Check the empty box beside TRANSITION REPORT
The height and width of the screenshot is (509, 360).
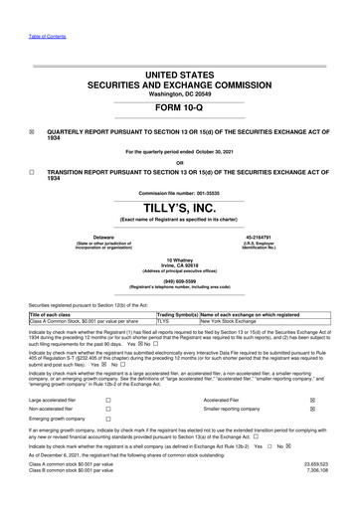click(x=32, y=171)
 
